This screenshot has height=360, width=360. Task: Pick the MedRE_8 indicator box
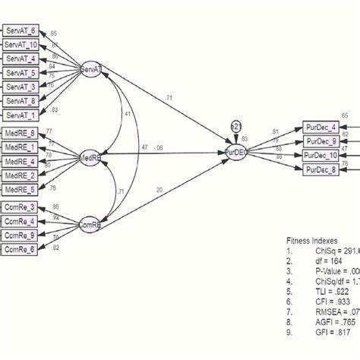tap(21, 134)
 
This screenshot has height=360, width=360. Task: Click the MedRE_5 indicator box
tap(21, 189)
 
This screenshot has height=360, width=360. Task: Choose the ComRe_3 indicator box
tap(21, 207)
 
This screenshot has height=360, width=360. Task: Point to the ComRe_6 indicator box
tap(21, 249)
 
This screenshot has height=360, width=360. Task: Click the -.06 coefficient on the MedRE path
tap(158, 149)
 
